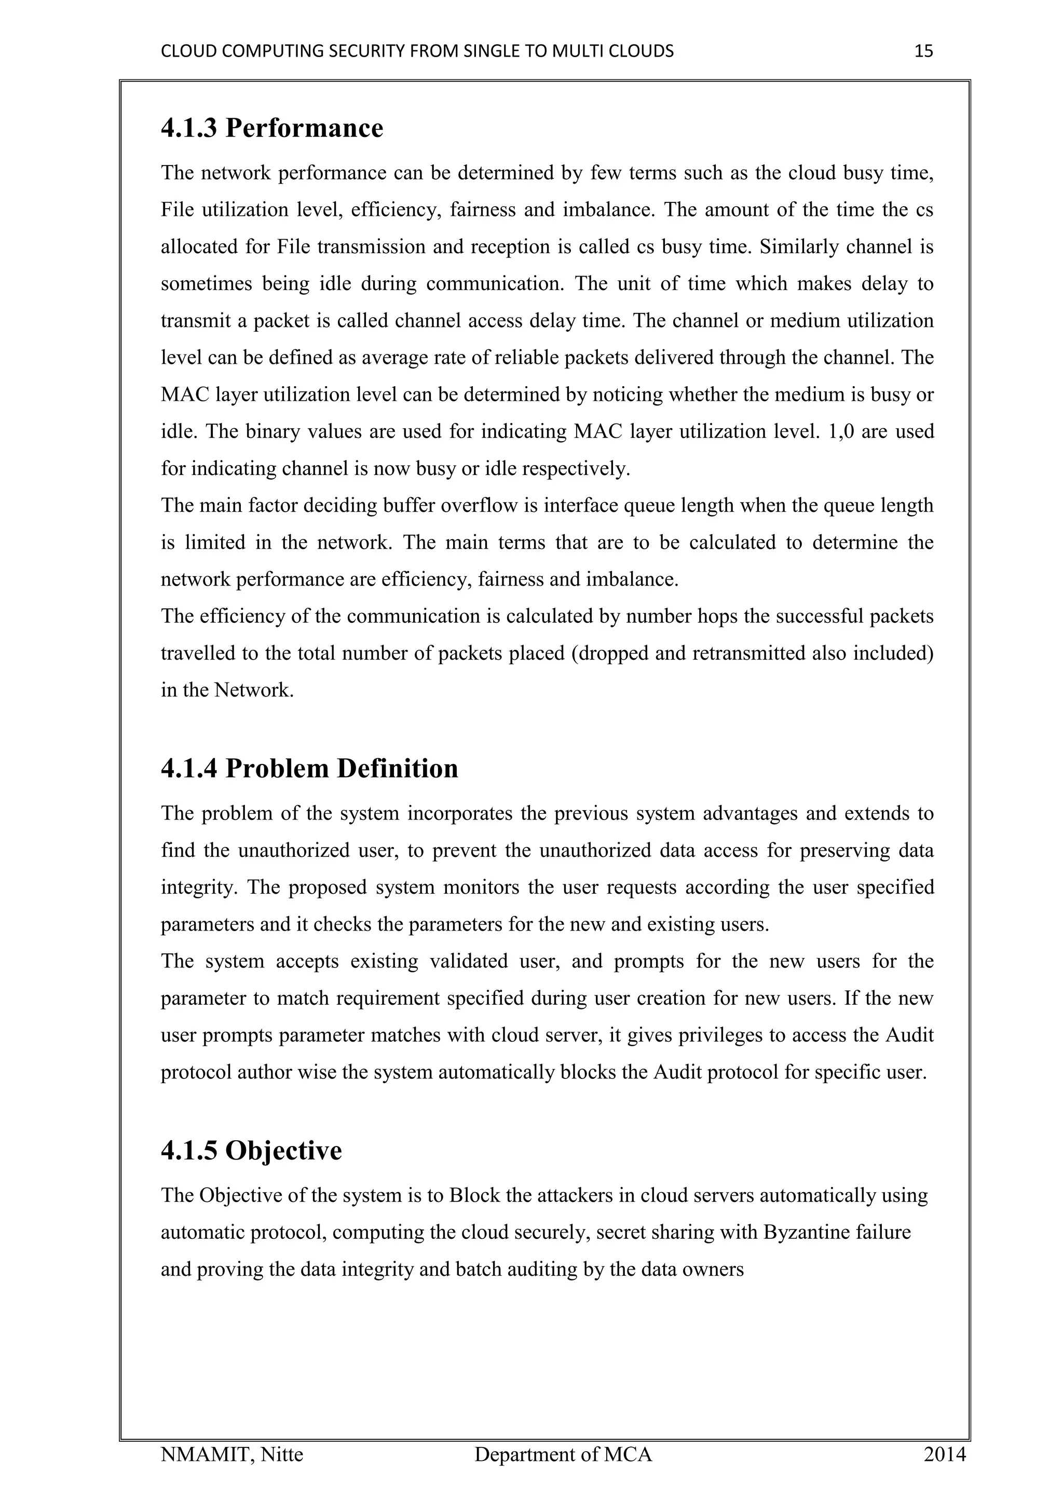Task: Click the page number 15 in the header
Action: tap(923, 51)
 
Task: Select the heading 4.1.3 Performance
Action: tap(271, 128)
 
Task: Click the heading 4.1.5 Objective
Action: tap(251, 1150)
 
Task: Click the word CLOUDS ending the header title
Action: tap(645, 51)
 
